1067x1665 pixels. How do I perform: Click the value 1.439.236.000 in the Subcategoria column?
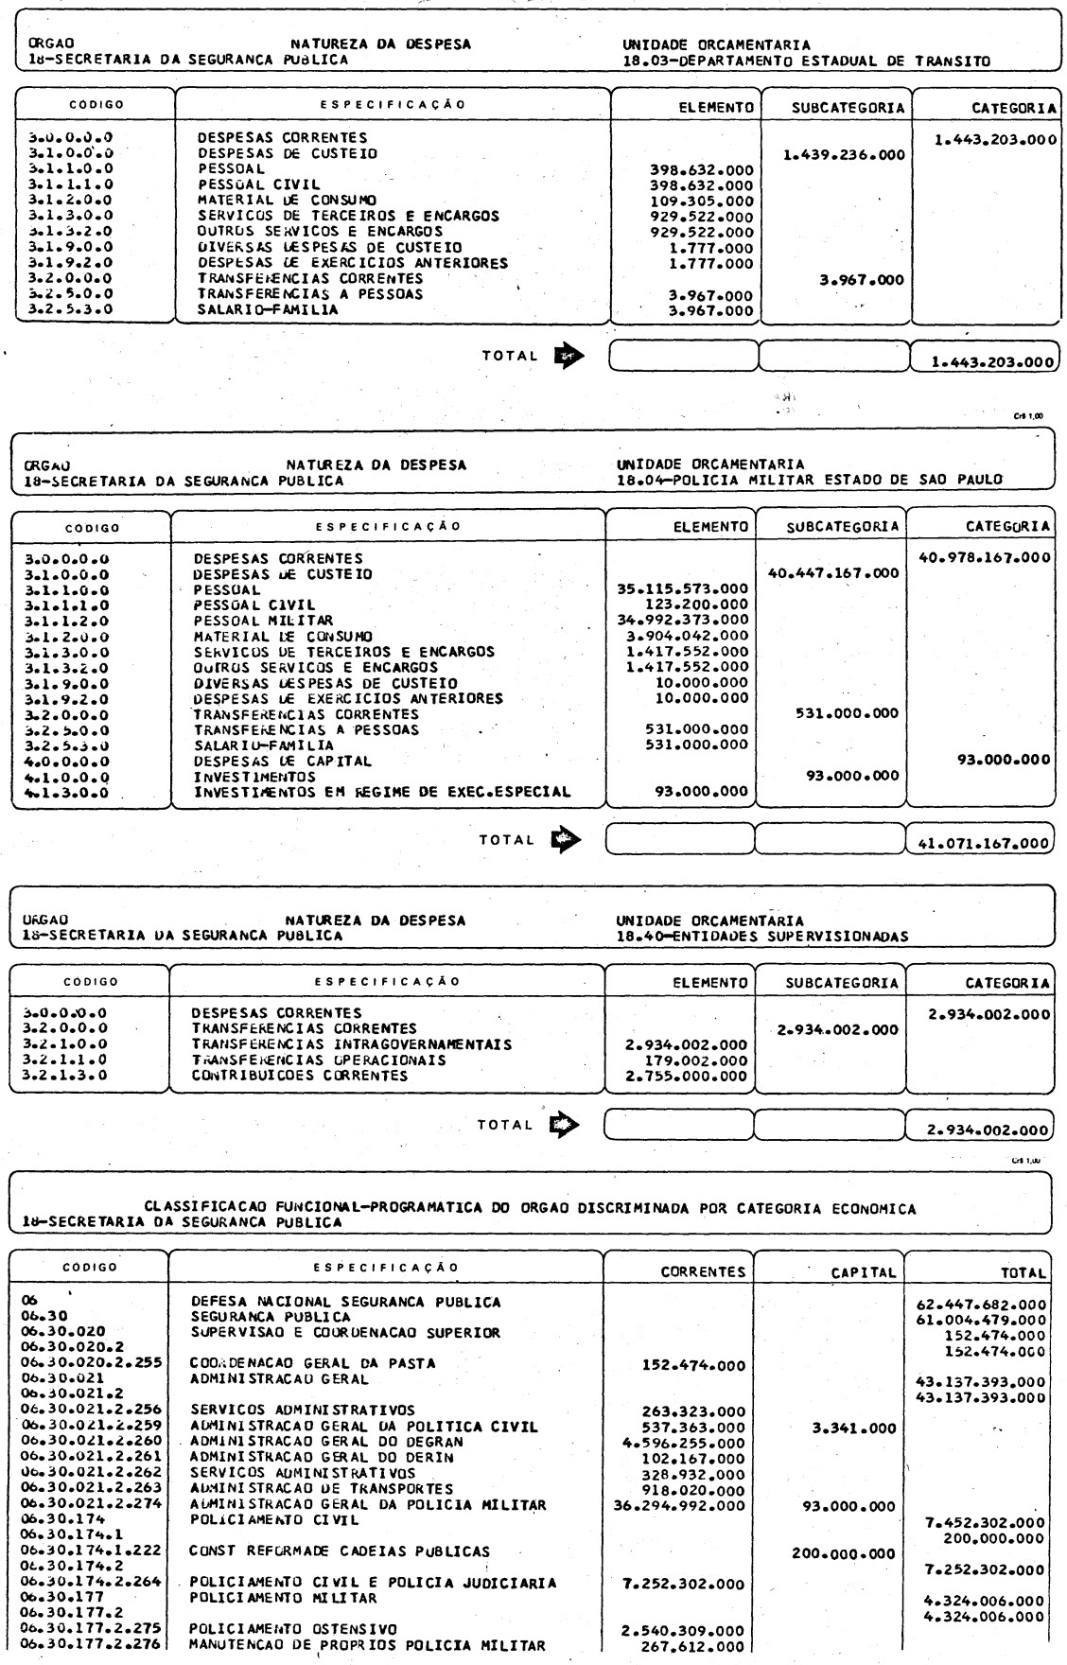click(x=845, y=154)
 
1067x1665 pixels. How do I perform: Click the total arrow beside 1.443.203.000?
click(x=568, y=356)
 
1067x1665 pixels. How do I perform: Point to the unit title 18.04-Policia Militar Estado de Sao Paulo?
click(x=809, y=480)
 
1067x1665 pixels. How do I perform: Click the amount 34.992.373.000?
click(x=683, y=621)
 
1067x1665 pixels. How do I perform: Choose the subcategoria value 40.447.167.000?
click(x=834, y=573)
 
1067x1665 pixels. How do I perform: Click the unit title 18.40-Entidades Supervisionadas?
click(x=761, y=937)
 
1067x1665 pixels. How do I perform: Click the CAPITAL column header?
click(x=863, y=1272)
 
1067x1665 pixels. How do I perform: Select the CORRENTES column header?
click(x=703, y=1272)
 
